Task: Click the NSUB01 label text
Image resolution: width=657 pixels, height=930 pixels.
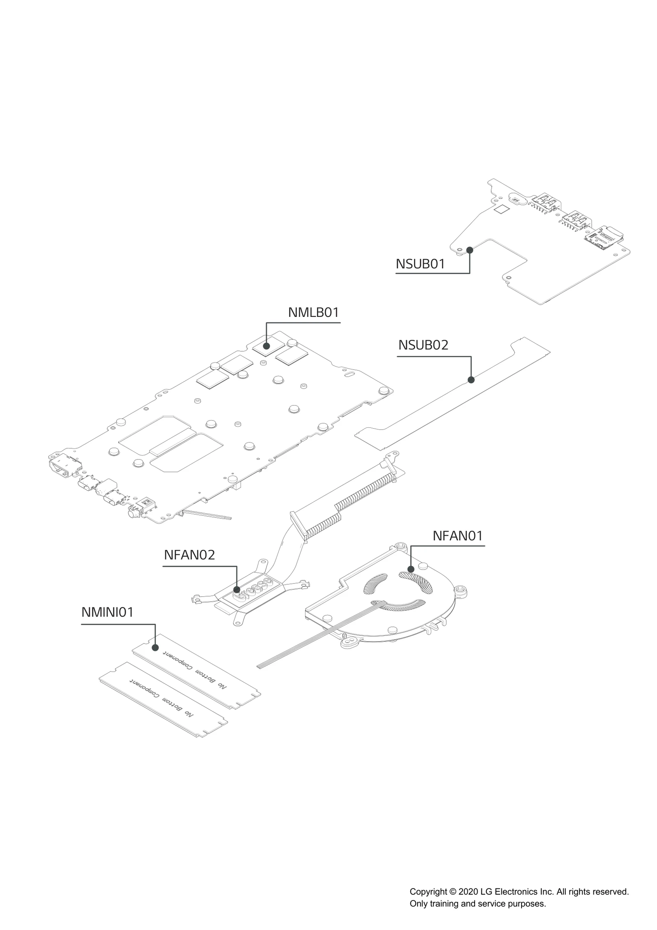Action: [420, 264]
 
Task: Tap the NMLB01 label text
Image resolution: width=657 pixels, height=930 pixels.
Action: [313, 312]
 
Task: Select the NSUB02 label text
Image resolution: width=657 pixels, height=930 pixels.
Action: [423, 345]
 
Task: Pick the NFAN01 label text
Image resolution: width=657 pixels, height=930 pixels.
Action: [458, 536]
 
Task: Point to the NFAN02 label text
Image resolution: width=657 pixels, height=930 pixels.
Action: [189, 555]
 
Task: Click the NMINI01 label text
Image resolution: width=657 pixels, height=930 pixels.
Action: [108, 612]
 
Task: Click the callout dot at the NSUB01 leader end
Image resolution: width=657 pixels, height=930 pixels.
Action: [470, 250]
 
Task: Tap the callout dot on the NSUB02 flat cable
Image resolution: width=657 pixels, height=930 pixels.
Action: [471, 380]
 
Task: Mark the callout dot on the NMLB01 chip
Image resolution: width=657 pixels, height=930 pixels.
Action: [266, 346]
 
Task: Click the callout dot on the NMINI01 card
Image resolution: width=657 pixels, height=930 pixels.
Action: [155, 648]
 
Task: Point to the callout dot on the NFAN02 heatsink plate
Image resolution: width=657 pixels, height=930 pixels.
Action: [237, 590]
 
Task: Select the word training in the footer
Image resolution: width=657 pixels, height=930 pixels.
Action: [444, 904]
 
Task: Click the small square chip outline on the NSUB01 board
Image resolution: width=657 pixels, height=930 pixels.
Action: [501, 209]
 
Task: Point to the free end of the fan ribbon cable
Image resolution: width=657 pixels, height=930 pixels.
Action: [259, 666]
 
